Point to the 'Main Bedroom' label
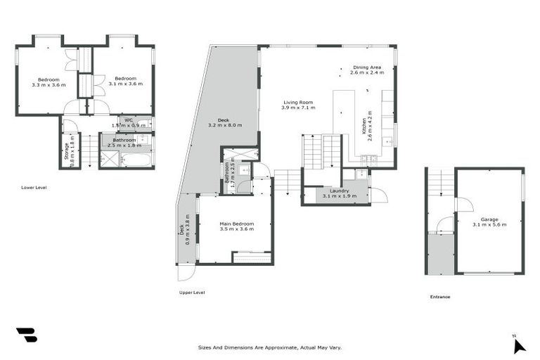coord(236,224)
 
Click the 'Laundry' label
coord(336,191)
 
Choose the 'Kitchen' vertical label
coord(365,126)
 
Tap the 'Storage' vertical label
coord(67,151)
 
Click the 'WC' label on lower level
coord(128,120)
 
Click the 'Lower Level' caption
coord(34,188)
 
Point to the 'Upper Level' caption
coord(192,292)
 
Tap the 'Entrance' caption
coord(440,297)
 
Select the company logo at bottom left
coord(27,335)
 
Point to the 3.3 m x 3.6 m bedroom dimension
coord(49,84)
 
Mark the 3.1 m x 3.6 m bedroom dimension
coord(126,84)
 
